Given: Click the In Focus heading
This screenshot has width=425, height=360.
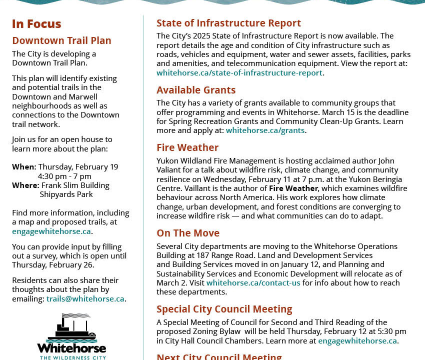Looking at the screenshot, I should pos(36,24).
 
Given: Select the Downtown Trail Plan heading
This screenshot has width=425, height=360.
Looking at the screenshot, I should pos(61,40).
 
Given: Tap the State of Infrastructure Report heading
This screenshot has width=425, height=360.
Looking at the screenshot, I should pos(228,23).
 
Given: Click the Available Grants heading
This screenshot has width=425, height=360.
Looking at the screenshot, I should pos(196,90).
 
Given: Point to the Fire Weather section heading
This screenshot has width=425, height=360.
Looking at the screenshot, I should pos(187,147).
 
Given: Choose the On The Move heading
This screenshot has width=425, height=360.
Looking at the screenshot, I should pos(188,233).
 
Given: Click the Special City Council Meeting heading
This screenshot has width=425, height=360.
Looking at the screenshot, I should pos(224,309).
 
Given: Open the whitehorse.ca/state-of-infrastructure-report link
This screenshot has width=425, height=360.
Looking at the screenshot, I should pos(239,73).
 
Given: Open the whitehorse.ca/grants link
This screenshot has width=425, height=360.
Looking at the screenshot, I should pos(265,130).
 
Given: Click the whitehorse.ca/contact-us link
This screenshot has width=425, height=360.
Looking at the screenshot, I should pos(253,283).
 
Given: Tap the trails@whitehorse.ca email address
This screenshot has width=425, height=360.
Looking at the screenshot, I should pos(85,299).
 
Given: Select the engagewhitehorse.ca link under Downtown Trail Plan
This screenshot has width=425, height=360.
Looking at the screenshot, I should pos(51,231).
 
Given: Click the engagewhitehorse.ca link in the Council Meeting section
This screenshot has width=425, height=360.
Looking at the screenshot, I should pos(357,341).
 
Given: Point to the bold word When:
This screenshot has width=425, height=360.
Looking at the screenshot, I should pos(24,167).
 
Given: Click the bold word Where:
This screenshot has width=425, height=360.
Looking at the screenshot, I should pos(25,185).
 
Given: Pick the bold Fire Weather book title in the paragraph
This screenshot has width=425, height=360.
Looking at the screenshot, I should pos(293,188).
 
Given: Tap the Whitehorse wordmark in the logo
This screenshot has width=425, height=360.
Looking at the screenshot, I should pos(71,347).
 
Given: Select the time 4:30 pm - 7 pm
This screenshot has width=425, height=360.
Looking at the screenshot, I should pos(64,176).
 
